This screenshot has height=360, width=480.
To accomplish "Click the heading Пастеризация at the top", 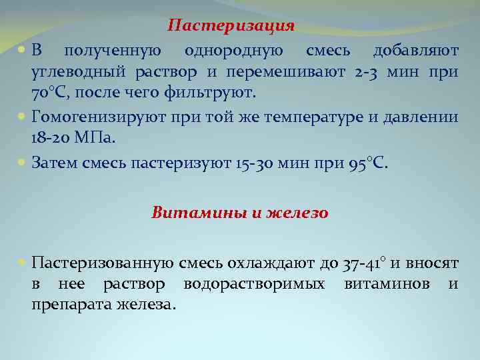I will [231, 26].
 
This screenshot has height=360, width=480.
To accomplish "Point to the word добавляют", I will [415, 51].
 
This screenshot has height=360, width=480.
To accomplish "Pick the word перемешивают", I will [276, 71].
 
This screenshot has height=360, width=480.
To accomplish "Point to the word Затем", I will [55, 163].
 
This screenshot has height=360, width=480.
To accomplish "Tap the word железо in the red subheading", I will [297, 213].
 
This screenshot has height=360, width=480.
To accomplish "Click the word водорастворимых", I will [255, 284].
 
